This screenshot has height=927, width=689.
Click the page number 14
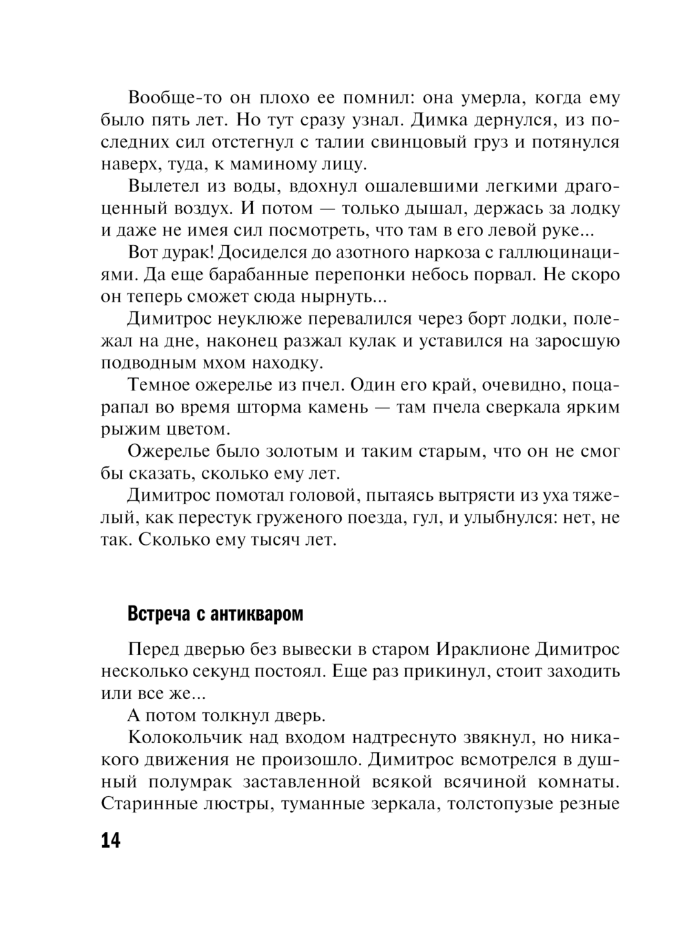click(x=110, y=841)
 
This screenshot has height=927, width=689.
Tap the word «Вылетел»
click(x=164, y=186)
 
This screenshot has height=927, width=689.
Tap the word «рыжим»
click(x=129, y=429)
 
